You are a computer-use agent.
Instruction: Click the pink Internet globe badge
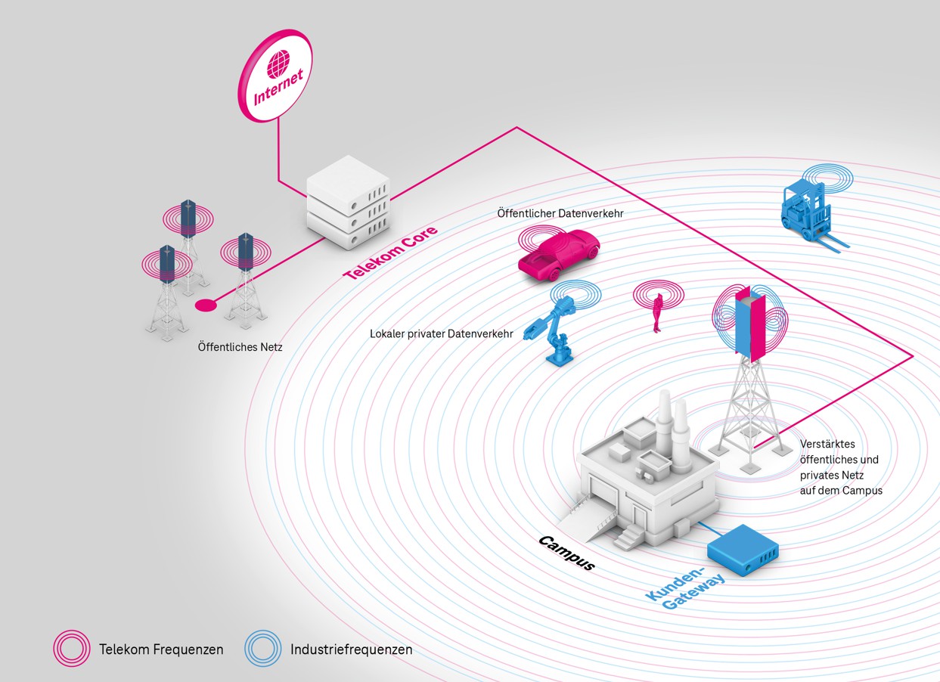pos(276,76)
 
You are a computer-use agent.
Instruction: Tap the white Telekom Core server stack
pos(348,203)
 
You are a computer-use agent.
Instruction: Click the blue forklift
pos(809,213)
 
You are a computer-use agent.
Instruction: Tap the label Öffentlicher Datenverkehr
pos(560,214)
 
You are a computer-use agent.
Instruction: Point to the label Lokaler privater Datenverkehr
pos(442,333)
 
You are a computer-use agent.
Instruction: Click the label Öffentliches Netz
pos(240,348)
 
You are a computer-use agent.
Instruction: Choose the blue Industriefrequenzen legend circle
pos(262,649)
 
